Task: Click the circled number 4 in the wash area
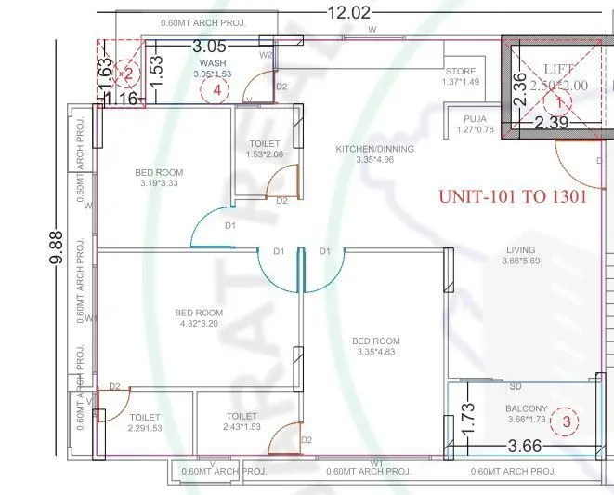[216, 90]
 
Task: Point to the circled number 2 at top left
[129, 73]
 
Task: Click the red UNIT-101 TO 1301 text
[512, 198]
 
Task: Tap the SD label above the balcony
[516, 386]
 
